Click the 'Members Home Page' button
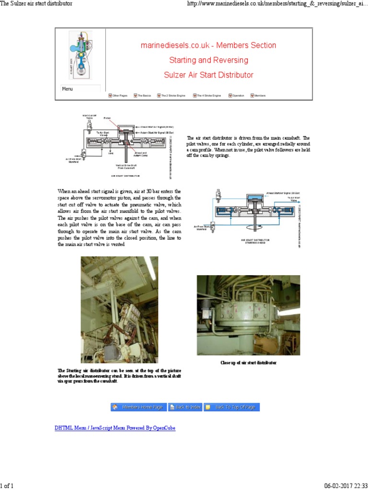click(138, 407)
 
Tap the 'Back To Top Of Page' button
click(232, 407)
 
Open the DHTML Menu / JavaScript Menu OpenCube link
click(115, 428)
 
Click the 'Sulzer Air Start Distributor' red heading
click(208, 75)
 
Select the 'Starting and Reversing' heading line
click(208, 60)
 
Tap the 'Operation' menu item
click(236, 96)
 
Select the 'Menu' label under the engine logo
click(68, 89)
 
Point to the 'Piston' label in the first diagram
click(107, 118)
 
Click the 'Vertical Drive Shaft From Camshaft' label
click(127, 167)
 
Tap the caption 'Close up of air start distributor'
click(248, 363)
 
